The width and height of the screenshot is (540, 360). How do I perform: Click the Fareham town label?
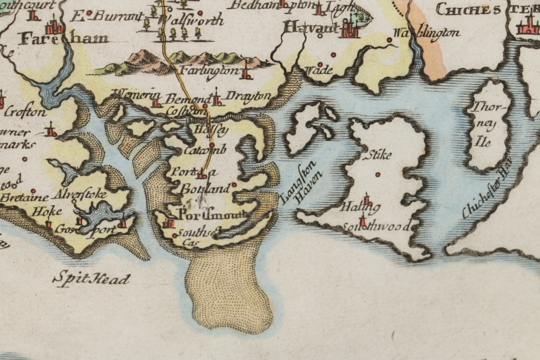click(x=64, y=38)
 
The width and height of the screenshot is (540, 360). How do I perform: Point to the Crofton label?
click(x=25, y=112)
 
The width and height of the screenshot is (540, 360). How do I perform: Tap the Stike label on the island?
click(x=377, y=155)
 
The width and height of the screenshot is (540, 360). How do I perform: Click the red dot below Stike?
click(x=377, y=174)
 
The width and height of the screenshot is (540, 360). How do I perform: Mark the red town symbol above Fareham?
click(x=54, y=25)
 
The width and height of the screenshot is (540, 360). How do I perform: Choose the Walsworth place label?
click(x=192, y=21)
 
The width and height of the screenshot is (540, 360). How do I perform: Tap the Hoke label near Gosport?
click(x=46, y=212)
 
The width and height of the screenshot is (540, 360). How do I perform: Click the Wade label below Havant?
click(x=319, y=70)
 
